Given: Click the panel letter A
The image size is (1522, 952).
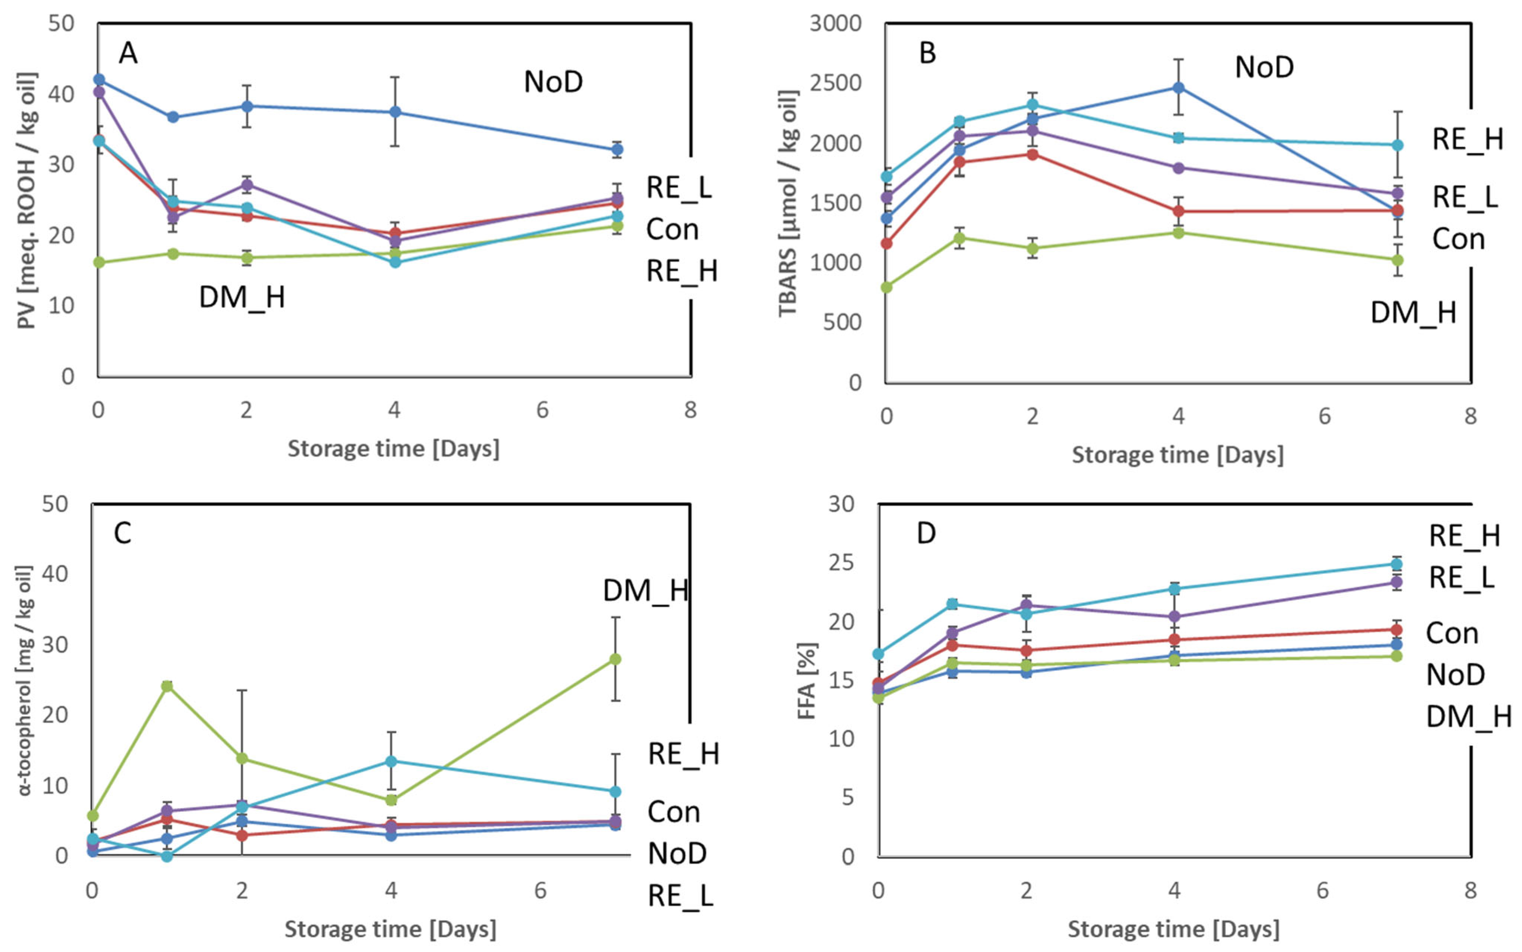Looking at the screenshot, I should [x=128, y=53].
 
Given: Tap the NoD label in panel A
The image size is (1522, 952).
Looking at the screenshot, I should [x=553, y=82].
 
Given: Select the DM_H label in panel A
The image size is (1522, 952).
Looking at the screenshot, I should [x=242, y=297].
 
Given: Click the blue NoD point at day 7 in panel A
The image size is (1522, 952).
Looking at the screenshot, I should [x=618, y=149].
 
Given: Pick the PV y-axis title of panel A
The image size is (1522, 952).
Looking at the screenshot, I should [x=27, y=200].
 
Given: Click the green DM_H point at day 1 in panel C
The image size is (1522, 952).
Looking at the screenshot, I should [x=167, y=685].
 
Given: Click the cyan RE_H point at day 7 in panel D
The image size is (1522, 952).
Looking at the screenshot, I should [x=1396, y=564].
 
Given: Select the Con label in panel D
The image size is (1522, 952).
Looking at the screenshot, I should [x=1452, y=633].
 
